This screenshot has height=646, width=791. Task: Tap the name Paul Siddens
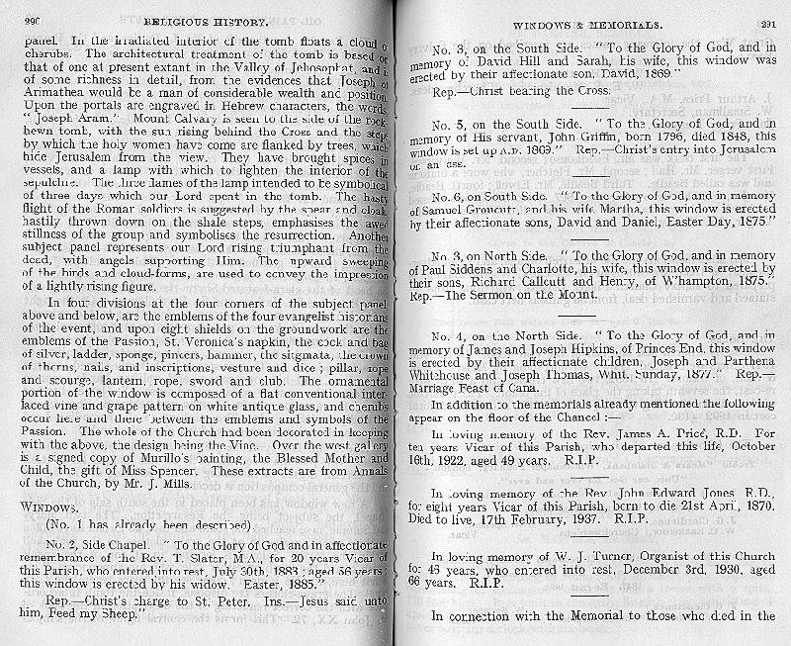468,269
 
